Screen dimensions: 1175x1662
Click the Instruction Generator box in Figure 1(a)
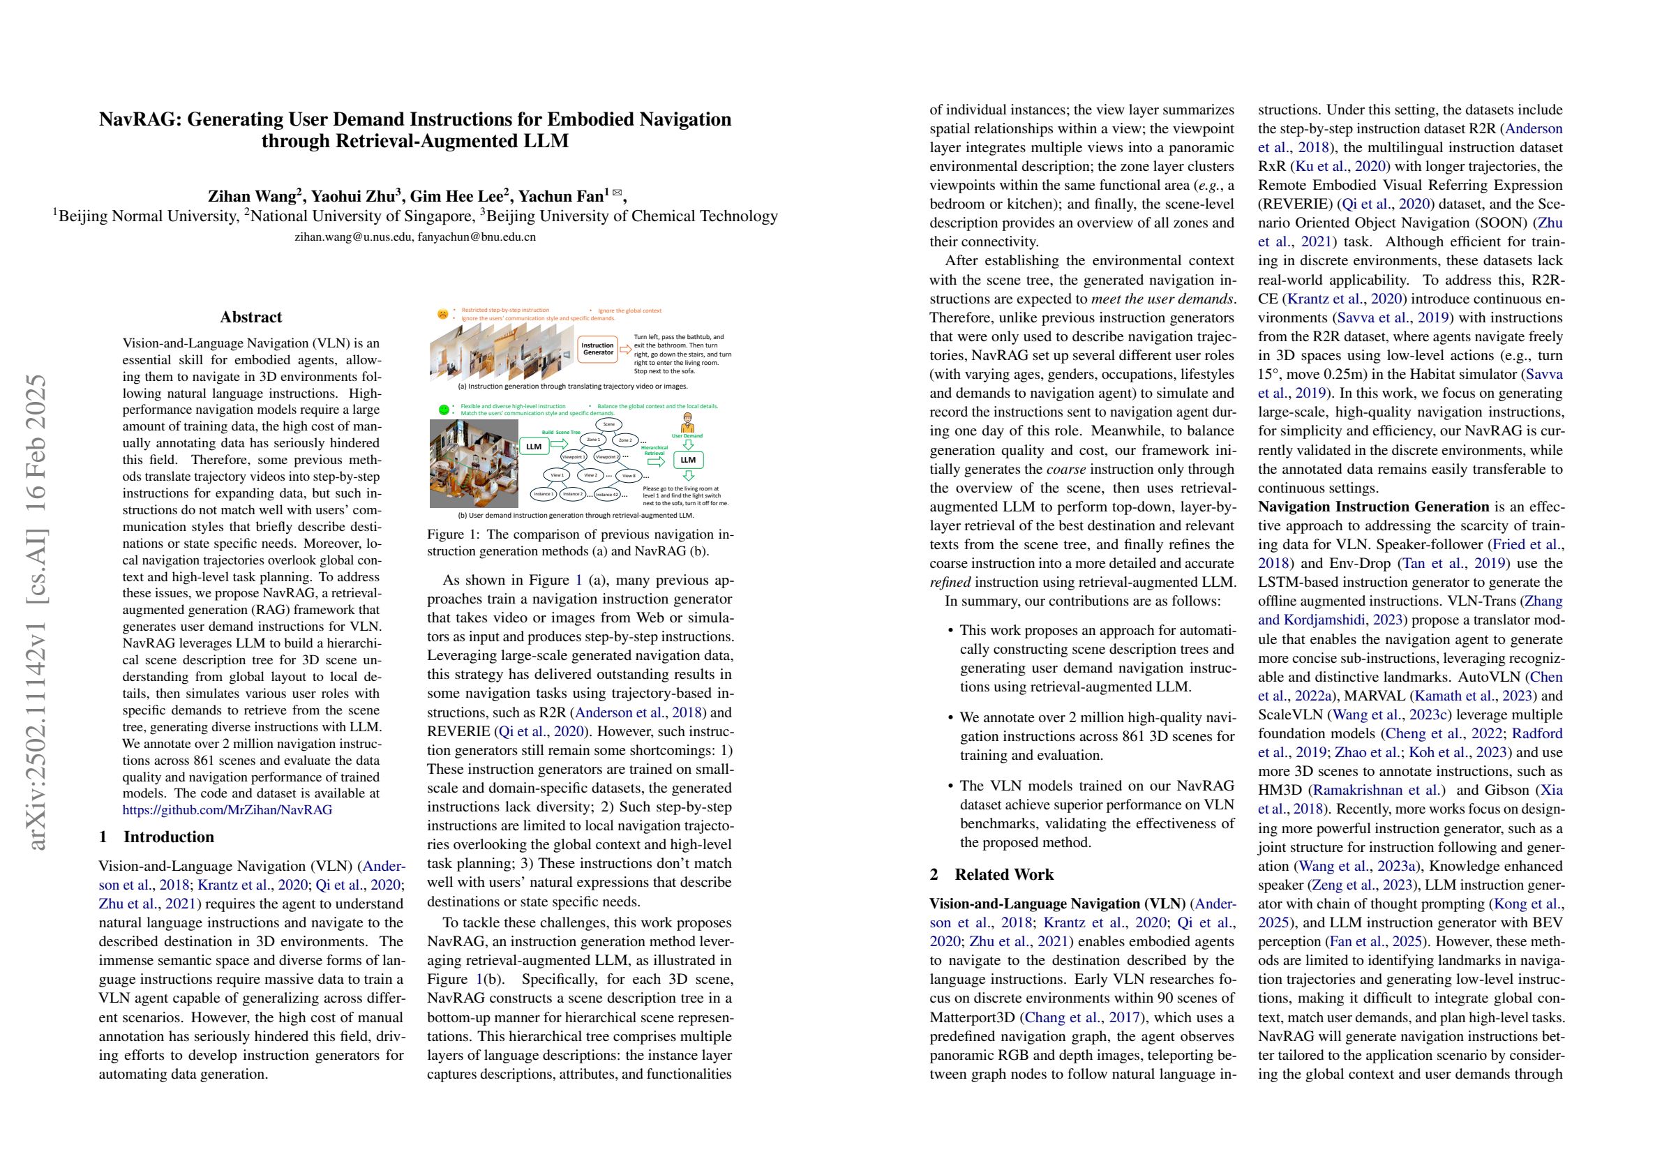point(597,349)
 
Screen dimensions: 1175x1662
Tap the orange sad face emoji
point(442,314)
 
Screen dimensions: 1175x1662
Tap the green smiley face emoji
point(443,410)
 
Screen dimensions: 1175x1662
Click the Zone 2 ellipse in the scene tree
point(625,440)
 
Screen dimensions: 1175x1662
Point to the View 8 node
point(629,476)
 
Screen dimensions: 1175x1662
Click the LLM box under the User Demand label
point(688,460)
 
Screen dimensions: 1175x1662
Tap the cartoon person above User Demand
point(688,422)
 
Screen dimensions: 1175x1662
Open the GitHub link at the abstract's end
point(227,810)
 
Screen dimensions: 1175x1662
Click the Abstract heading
point(250,317)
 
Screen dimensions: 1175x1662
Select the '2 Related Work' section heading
point(991,874)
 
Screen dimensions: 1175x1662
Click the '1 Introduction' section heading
point(156,837)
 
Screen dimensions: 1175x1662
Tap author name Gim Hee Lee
point(458,196)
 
